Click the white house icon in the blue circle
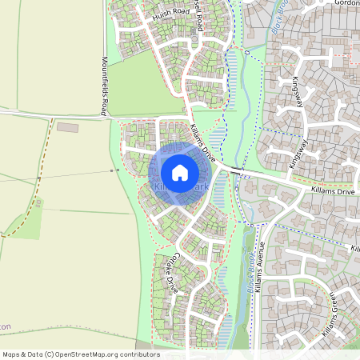pos(179,172)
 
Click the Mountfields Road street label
pos(104,86)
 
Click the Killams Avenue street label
pos(259,267)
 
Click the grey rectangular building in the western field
pos(68,127)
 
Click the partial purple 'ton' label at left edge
pos(5,327)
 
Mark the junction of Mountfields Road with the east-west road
pos(107,116)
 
